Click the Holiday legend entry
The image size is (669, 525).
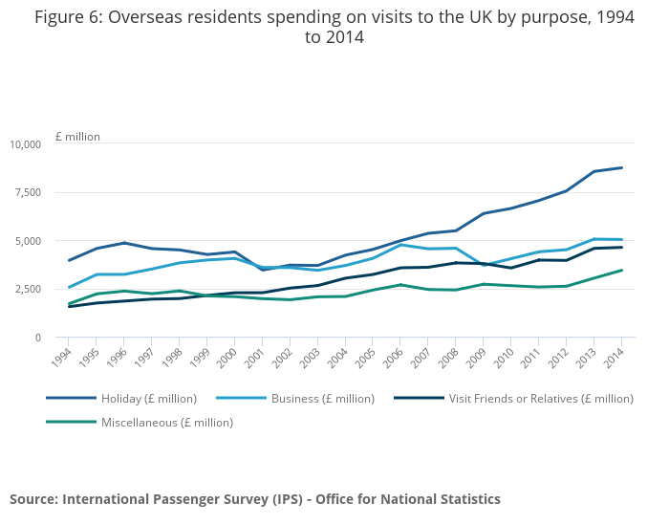148,398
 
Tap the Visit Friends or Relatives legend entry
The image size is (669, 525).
540,398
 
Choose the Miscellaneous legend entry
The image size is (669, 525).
166,422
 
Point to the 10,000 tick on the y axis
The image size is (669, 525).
26,144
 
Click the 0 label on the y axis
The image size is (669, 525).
38,338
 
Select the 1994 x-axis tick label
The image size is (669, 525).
63,358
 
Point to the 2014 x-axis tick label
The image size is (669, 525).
616,358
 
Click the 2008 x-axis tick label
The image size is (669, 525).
450,358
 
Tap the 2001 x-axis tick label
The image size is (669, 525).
257,358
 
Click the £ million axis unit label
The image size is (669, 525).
77,137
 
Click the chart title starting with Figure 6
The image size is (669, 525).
334,27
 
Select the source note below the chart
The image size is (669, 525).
255,499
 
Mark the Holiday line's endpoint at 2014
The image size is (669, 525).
622,167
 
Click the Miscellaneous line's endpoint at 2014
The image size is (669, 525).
622,270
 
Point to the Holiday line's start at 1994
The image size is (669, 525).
69,260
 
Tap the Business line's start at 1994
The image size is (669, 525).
69,287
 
